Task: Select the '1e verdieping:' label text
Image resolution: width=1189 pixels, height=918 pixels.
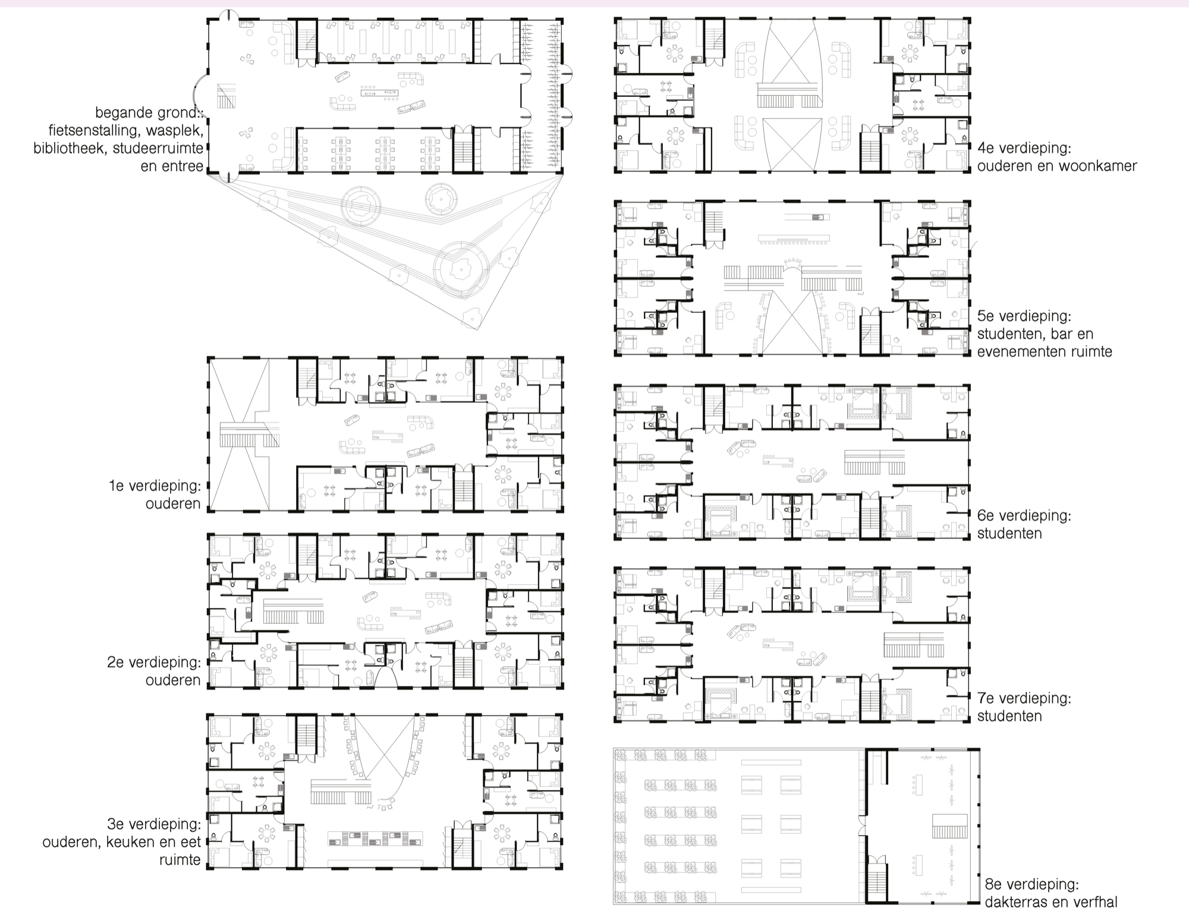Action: click(155, 485)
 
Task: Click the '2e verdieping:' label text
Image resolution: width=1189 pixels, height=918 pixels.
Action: click(154, 662)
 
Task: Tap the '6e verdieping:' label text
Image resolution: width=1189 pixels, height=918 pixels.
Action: click(1024, 515)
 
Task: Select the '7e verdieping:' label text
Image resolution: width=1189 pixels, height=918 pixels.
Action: click(1024, 698)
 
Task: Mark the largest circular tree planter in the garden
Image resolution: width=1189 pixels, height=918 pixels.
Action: click(461, 270)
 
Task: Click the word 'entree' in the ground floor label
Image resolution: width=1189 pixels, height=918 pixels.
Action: click(181, 166)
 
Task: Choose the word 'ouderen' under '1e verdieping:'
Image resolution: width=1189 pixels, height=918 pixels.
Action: click(173, 504)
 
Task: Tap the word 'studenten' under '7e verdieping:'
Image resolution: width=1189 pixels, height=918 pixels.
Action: click(1009, 716)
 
